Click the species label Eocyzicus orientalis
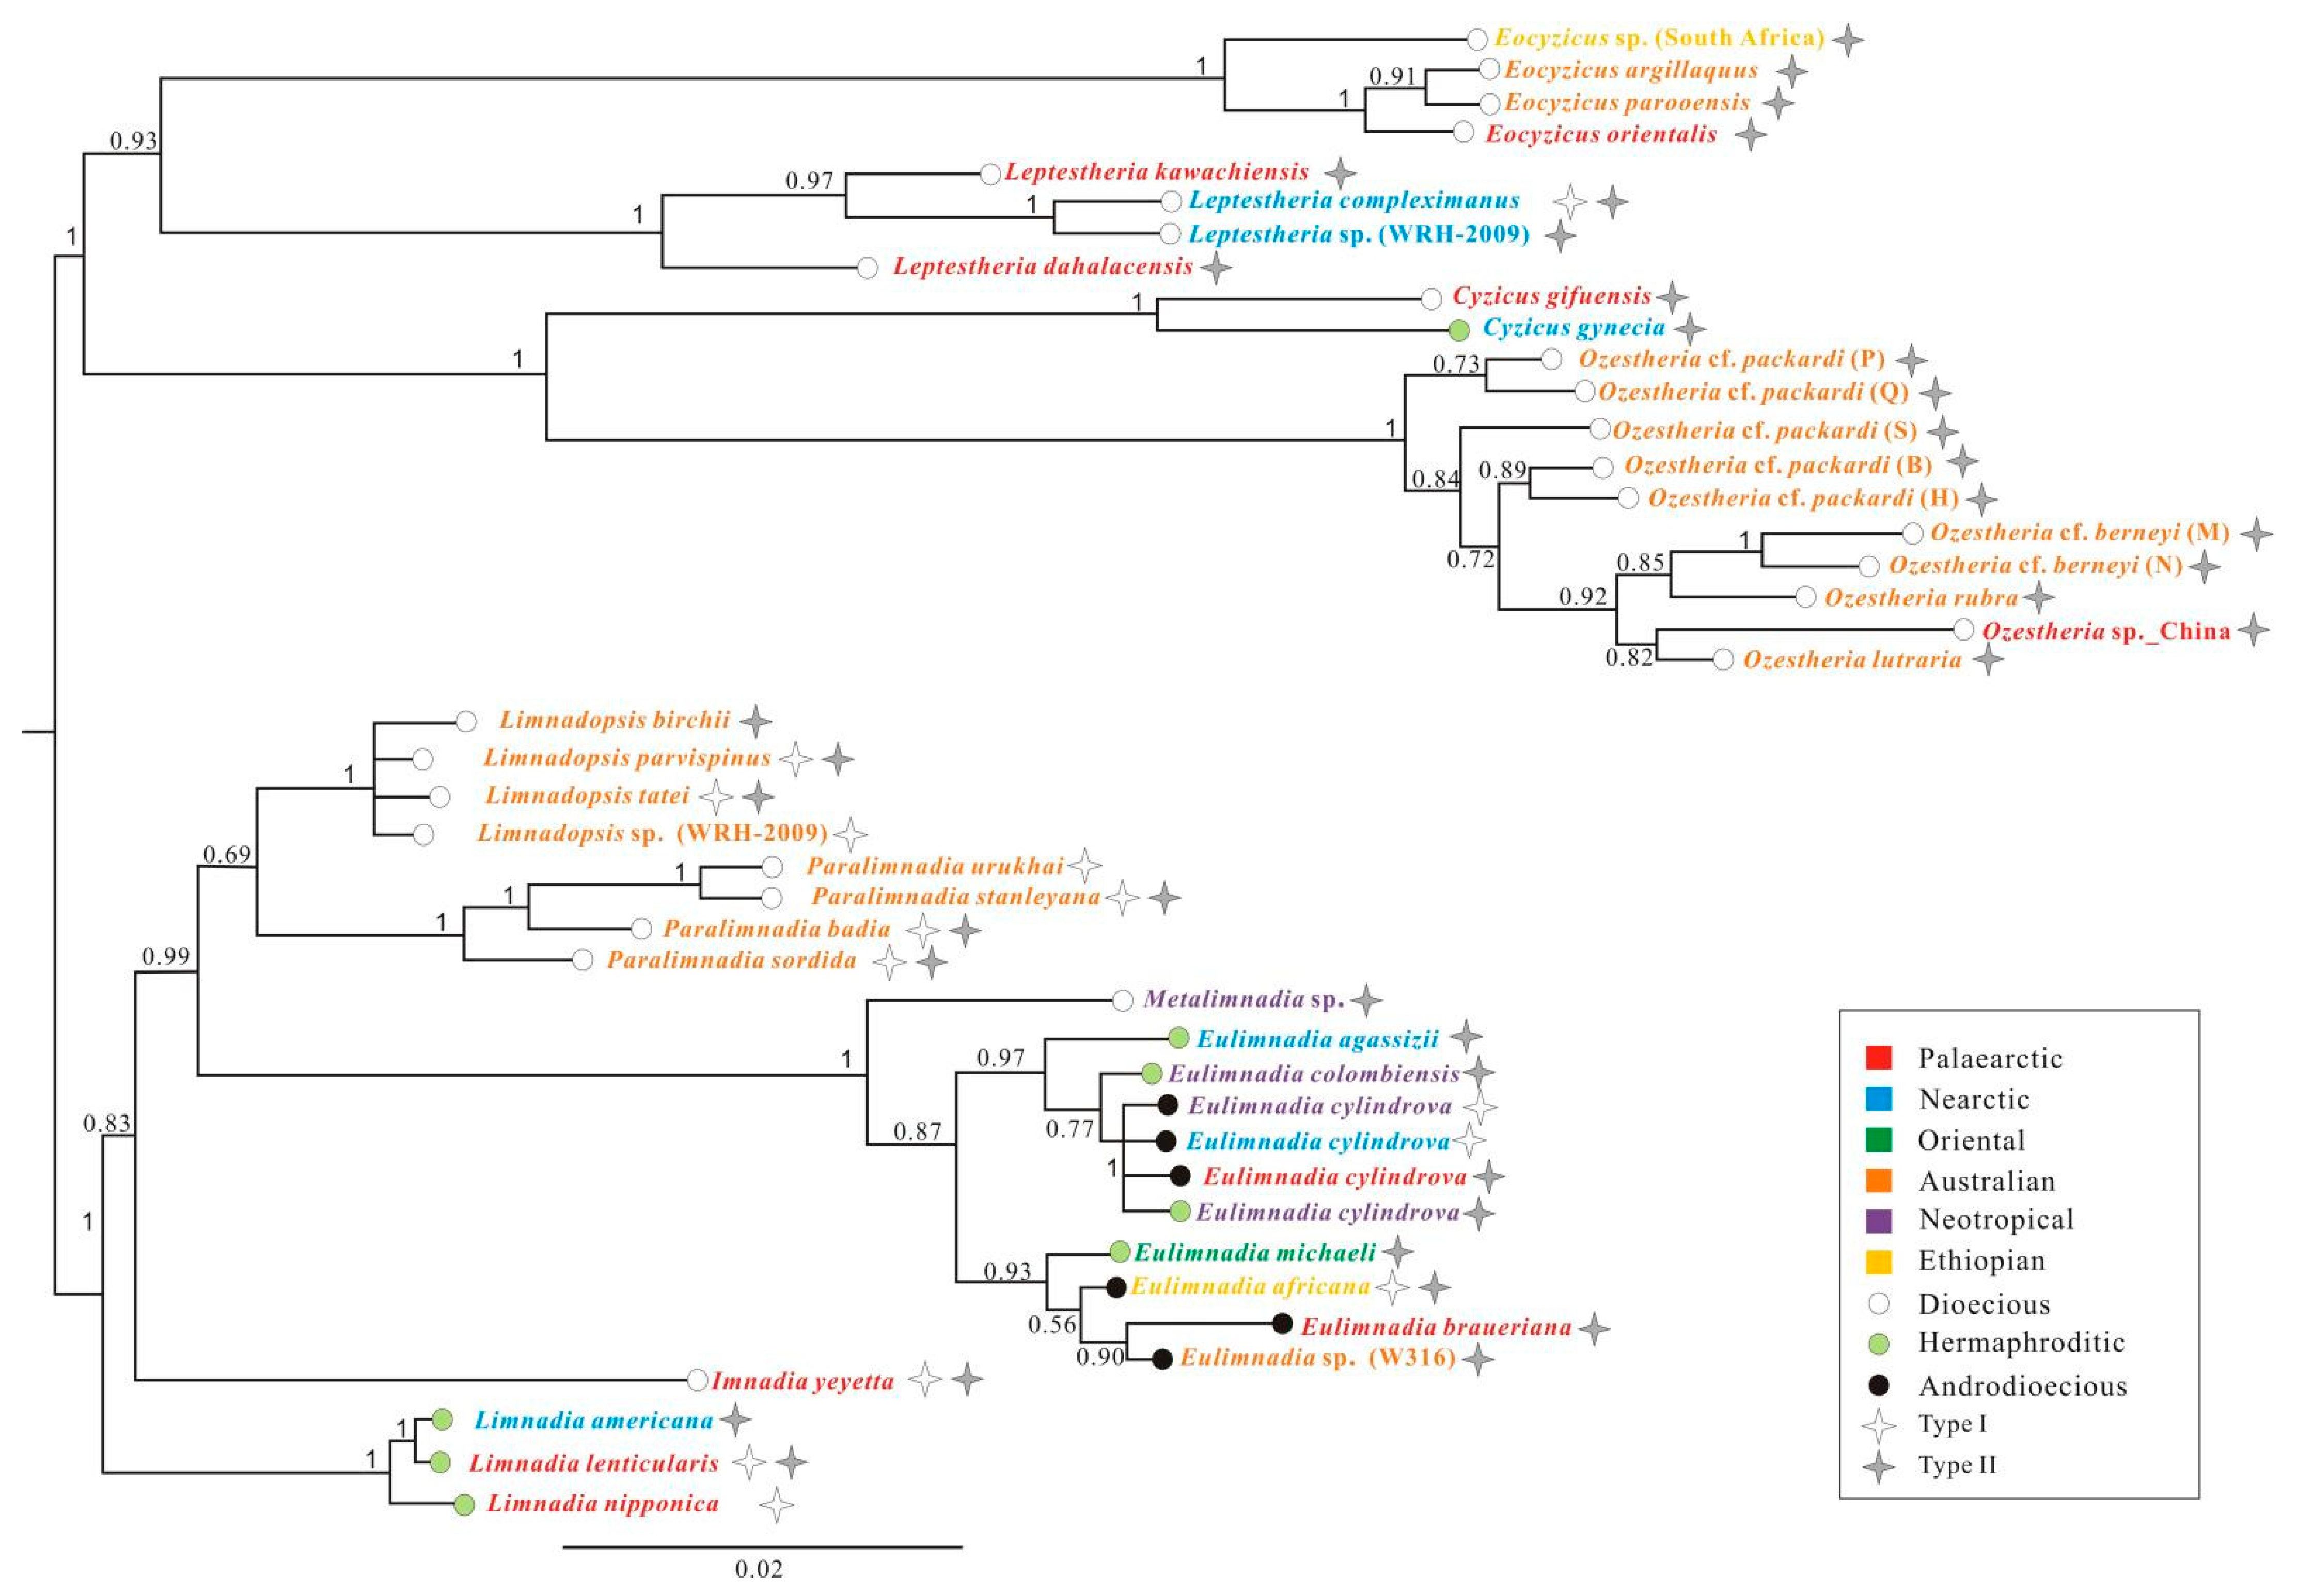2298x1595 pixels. coord(1600,134)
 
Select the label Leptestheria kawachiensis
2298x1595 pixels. coord(1156,172)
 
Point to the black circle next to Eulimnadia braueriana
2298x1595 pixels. coord(1282,1324)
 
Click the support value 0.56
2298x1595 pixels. coord(1051,1324)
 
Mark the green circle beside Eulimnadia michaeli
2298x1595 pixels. coord(1120,1251)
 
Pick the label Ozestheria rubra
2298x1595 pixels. coord(1920,598)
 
